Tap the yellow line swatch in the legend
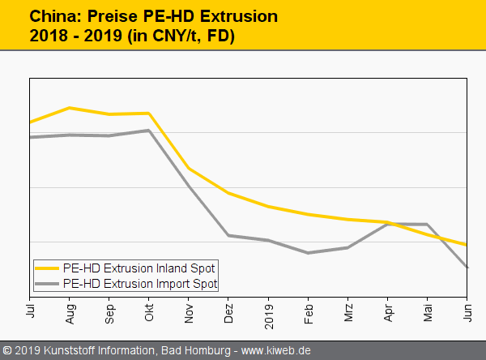pyautogui.click(x=47, y=268)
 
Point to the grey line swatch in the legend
pyautogui.click(x=47, y=283)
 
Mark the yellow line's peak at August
pyautogui.click(x=70, y=108)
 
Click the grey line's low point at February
pyautogui.click(x=309, y=253)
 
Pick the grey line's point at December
pyautogui.click(x=229, y=235)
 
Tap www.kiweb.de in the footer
pyautogui.click(x=279, y=350)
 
